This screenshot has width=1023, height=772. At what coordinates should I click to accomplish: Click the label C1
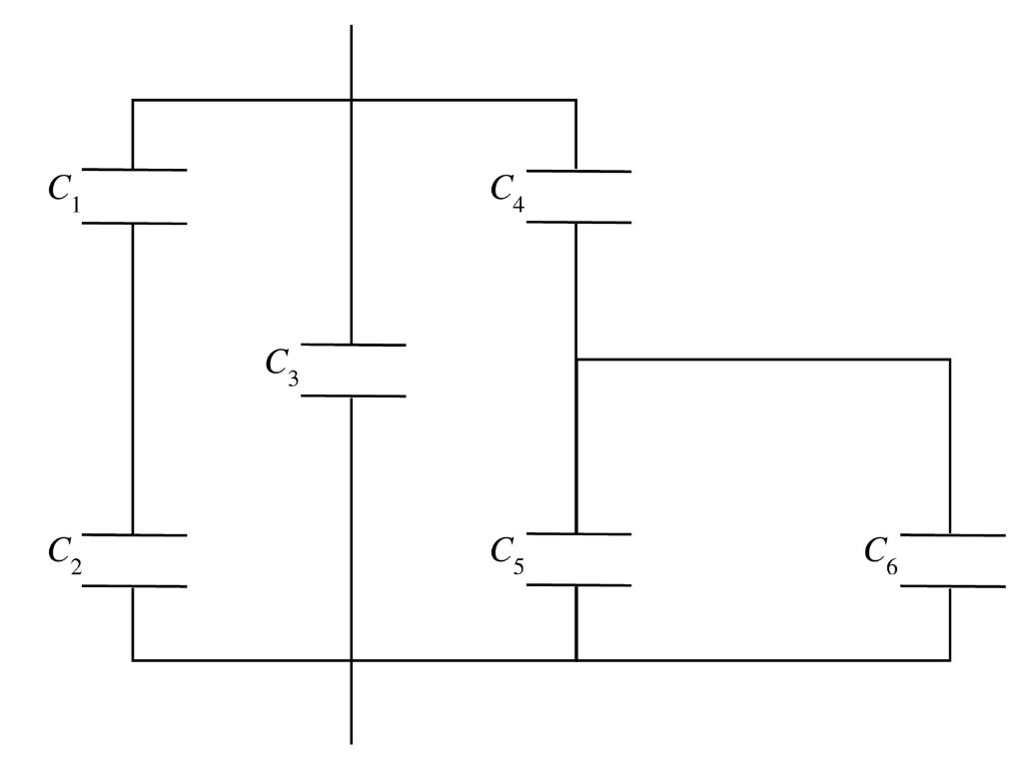point(63,193)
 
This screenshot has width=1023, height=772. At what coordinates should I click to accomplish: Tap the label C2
point(63,556)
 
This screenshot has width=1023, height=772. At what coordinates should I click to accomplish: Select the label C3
point(283,366)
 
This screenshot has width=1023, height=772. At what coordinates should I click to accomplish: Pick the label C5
point(507,555)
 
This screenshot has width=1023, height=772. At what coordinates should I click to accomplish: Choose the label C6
point(880,556)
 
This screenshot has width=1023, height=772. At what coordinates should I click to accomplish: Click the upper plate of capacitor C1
point(133,170)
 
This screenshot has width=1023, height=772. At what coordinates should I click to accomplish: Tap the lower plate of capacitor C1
point(133,222)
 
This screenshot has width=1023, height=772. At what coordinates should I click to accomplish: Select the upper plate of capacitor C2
point(133,535)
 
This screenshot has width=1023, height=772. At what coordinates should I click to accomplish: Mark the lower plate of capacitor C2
point(133,585)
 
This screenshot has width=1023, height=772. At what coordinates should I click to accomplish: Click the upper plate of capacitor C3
point(352,345)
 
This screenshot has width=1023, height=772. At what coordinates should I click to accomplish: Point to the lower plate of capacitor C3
point(352,395)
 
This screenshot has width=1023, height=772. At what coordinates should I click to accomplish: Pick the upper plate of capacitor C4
point(577,171)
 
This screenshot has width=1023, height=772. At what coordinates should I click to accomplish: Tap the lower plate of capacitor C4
point(577,221)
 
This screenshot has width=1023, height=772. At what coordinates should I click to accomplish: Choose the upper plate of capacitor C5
point(577,535)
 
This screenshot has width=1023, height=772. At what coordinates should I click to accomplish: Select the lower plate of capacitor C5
point(577,585)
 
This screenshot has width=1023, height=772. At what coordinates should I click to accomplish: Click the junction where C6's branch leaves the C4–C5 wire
point(577,359)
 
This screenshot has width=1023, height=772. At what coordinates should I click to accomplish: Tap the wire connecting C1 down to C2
point(133,380)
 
